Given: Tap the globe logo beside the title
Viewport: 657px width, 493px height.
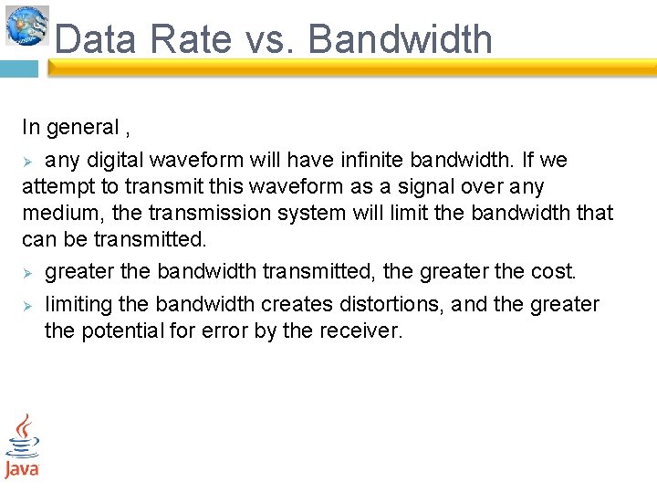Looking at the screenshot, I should click(x=26, y=25).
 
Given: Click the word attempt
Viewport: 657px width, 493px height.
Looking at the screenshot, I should click(x=54, y=187).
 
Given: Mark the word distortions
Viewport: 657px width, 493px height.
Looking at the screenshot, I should click(x=394, y=304).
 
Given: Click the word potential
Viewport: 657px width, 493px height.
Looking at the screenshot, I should click(x=120, y=330).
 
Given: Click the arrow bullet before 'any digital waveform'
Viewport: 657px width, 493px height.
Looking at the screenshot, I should click(x=28, y=162).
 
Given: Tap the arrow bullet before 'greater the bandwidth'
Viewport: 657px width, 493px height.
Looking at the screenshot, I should click(x=28, y=273).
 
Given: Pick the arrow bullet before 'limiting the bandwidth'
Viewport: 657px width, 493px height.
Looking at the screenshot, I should click(x=28, y=305).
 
